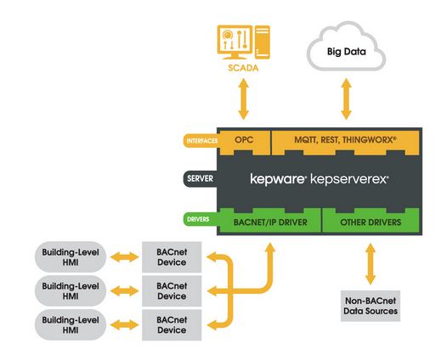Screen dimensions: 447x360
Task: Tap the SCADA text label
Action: pyautogui.click(x=243, y=68)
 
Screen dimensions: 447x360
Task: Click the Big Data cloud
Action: pyautogui.click(x=346, y=47)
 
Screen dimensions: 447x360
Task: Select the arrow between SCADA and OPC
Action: pyautogui.click(x=243, y=99)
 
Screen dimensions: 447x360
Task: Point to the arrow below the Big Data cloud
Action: pyautogui.click(x=346, y=99)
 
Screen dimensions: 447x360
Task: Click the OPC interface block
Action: pyautogui.click(x=244, y=141)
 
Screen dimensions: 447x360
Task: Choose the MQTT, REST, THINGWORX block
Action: pyautogui.click(x=345, y=141)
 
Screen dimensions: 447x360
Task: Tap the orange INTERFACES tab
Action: pyautogui.click(x=201, y=141)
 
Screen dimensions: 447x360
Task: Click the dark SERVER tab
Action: pyautogui.click(x=200, y=179)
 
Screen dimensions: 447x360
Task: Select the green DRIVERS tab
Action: pyautogui.click(x=200, y=219)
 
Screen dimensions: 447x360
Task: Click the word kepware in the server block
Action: pyautogui.click(x=278, y=179)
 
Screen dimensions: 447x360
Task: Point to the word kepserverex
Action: pyautogui.click(x=349, y=179)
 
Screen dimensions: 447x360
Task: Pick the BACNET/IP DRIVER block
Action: pyautogui.click(x=270, y=222)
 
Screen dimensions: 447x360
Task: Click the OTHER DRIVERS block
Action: pyautogui.click(x=371, y=222)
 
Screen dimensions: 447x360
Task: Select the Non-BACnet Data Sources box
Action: pyautogui.click(x=371, y=306)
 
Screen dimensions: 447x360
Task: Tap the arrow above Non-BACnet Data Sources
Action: pyautogui.click(x=371, y=264)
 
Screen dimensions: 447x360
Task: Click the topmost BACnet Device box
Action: pyautogui.click(x=172, y=257)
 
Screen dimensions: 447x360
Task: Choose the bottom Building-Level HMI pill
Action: pyautogui.click(x=71, y=325)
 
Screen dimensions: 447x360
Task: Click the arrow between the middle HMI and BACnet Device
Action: pyautogui.click(x=124, y=291)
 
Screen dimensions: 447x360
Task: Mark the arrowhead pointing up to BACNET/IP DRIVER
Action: pyautogui.click(x=269, y=248)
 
